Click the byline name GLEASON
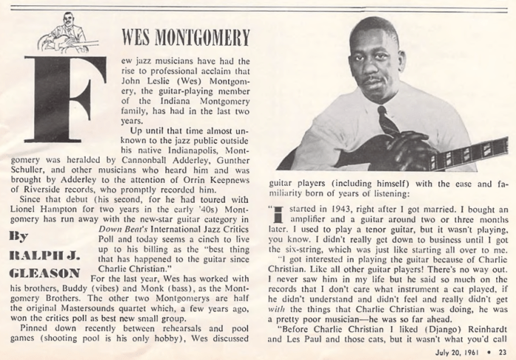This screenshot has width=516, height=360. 38,271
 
